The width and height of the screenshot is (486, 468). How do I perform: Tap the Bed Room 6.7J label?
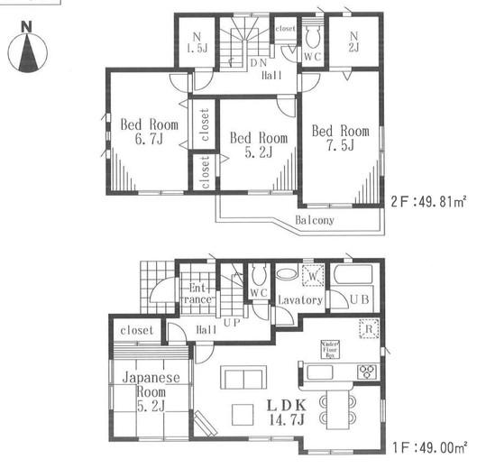click(149, 133)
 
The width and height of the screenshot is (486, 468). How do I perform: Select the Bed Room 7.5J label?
click(341, 138)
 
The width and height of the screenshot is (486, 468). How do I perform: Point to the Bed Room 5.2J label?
click(258, 145)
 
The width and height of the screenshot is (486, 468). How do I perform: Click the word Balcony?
click(315, 220)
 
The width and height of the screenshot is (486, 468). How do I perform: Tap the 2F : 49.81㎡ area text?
click(429, 201)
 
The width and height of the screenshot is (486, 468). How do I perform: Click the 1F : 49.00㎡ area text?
click(429, 445)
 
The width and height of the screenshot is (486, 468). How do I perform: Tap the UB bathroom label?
click(359, 298)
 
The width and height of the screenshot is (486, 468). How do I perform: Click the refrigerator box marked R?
click(368, 331)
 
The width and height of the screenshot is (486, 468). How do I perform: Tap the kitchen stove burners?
click(367, 371)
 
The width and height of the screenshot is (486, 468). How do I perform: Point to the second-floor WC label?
click(313, 55)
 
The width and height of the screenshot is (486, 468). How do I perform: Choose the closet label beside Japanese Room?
click(136, 330)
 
